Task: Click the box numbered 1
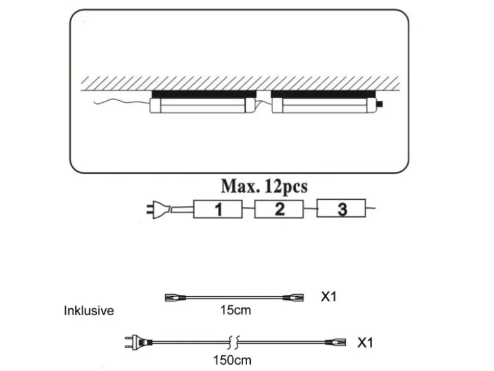point(218,209)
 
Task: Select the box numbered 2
point(279,209)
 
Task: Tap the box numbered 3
point(341,208)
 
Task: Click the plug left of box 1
point(158,210)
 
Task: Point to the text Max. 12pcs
point(264,186)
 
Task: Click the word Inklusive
point(89,311)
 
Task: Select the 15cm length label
point(236,310)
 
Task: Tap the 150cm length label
point(232,360)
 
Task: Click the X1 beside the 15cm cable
point(329,297)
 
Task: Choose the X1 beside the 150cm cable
point(365,342)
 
